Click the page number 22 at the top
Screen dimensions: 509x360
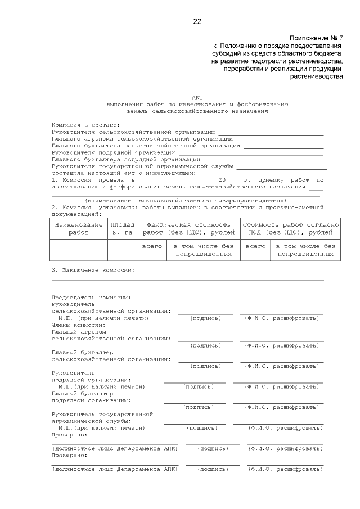pos(197,22)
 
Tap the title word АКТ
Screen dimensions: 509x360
pos(197,97)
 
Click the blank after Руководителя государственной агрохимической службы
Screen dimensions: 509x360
pos(281,167)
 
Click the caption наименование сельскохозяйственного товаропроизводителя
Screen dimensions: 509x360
pos(185,200)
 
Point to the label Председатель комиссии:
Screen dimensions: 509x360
pos(91,297)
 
